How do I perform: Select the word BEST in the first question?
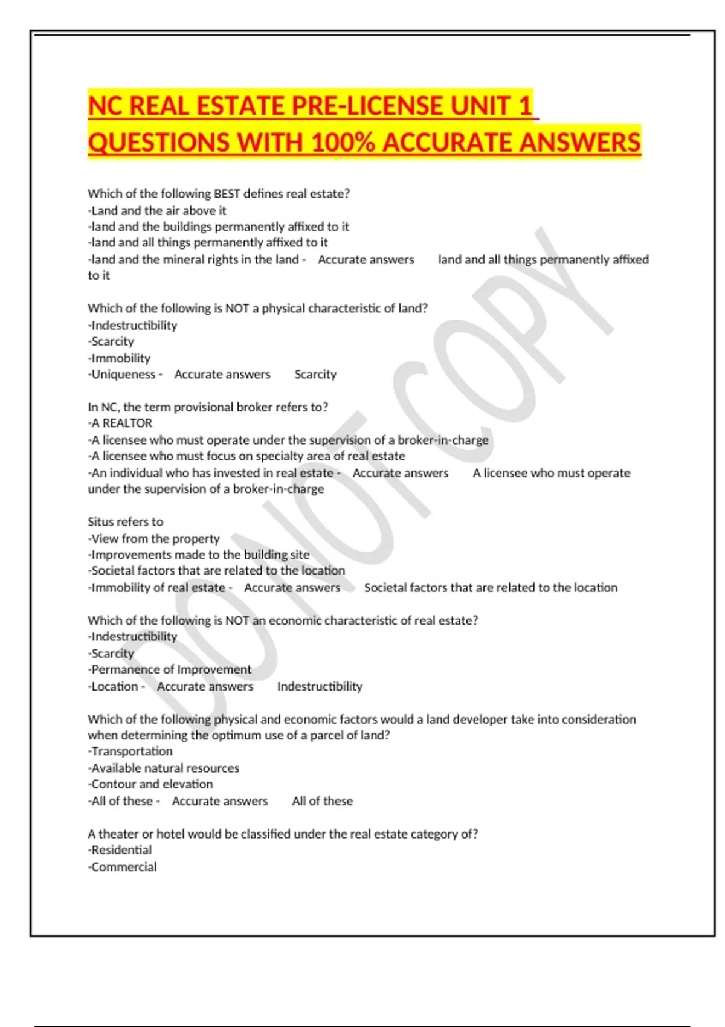pyautogui.click(x=227, y=194)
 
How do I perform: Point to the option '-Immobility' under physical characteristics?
pyautogui.click(x=119, y=358)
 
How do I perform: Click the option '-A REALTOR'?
pyautogui.click(x=120, y=423)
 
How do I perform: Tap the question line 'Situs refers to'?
pyautogui.click(x=125, y=522)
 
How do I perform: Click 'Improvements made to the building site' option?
pyautogui.click(x=199, y=555)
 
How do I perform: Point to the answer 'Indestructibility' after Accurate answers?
pyautogui.click(x=320, y=686)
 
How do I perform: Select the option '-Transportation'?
pyautogui.click(x=130, y=751)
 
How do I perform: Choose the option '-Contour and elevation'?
pyautogui.click(x=150, y=784)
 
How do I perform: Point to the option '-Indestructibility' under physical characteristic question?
pyautogui.click(x=132, y=326)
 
